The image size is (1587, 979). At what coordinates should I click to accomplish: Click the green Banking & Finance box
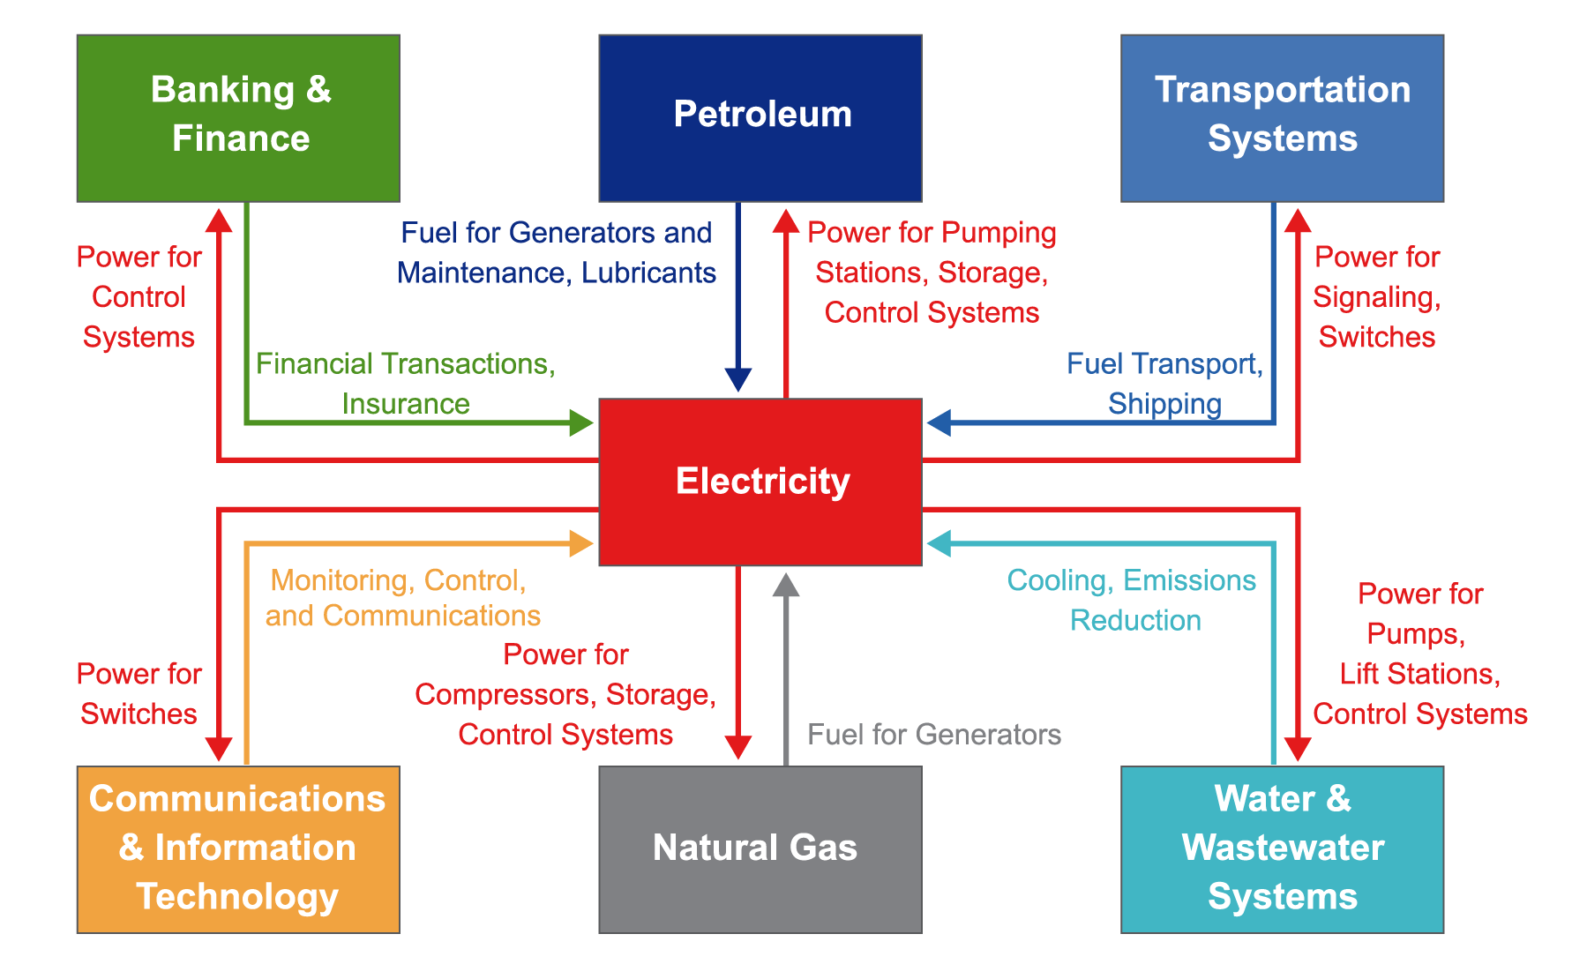[x=238, y=118]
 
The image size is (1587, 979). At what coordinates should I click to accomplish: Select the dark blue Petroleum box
[x=760, y=118]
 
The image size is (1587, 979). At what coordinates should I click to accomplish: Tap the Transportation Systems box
[x=1283, y=118]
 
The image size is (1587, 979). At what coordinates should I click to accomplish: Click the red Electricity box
[x=760, y=482]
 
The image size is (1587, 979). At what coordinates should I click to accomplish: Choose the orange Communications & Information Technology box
[x=238, y=849]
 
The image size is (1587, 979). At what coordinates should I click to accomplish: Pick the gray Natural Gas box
[x=760, y=849]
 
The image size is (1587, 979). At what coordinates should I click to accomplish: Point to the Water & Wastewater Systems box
[x=1283, y=849]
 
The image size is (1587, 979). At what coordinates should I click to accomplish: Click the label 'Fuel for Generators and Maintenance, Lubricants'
[x=556, y=253]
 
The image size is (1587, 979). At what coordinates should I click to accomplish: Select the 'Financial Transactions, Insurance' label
[x=406, y=384]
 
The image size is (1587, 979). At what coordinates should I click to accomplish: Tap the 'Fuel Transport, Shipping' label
[x=1164, y=384]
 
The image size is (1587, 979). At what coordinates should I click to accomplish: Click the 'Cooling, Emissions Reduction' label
[x=1133, y=601]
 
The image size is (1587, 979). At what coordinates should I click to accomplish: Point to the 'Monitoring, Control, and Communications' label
[x=402, y=598]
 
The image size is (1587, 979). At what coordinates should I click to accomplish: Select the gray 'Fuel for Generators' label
[x=934, y=735]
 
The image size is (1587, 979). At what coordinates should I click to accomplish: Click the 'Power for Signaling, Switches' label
[x=1377, y=297]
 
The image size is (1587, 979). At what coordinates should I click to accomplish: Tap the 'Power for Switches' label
[x=139, y=694]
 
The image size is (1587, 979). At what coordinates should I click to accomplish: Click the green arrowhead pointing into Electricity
[x=581, y=423]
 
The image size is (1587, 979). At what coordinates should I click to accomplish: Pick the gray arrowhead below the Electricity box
[x=786, y=584]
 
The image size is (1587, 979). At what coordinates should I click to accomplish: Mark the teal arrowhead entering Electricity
[x=939, y=543]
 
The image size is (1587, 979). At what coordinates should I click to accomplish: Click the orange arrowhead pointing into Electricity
[x=581, y=543]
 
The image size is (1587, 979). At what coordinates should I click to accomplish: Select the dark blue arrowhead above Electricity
[x=738, y=380]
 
